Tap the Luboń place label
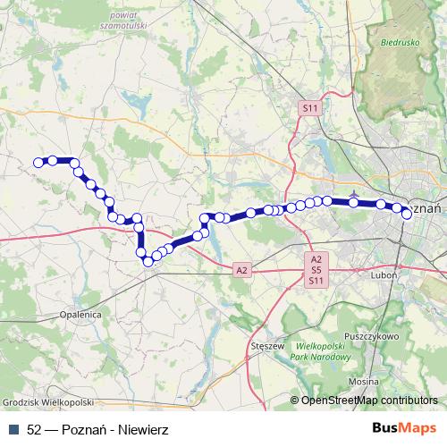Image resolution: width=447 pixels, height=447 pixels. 383,275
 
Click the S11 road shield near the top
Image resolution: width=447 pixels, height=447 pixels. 309,108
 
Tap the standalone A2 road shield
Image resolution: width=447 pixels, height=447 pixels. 241,269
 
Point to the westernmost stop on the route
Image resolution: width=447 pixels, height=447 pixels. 38,162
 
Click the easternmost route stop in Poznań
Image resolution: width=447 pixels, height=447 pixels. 407,213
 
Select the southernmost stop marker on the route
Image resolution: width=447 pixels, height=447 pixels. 147,261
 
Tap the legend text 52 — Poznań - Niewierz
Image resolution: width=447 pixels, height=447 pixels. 85,428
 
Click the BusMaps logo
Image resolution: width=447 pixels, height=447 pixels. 405,428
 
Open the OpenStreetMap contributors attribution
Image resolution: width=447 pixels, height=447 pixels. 368,400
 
